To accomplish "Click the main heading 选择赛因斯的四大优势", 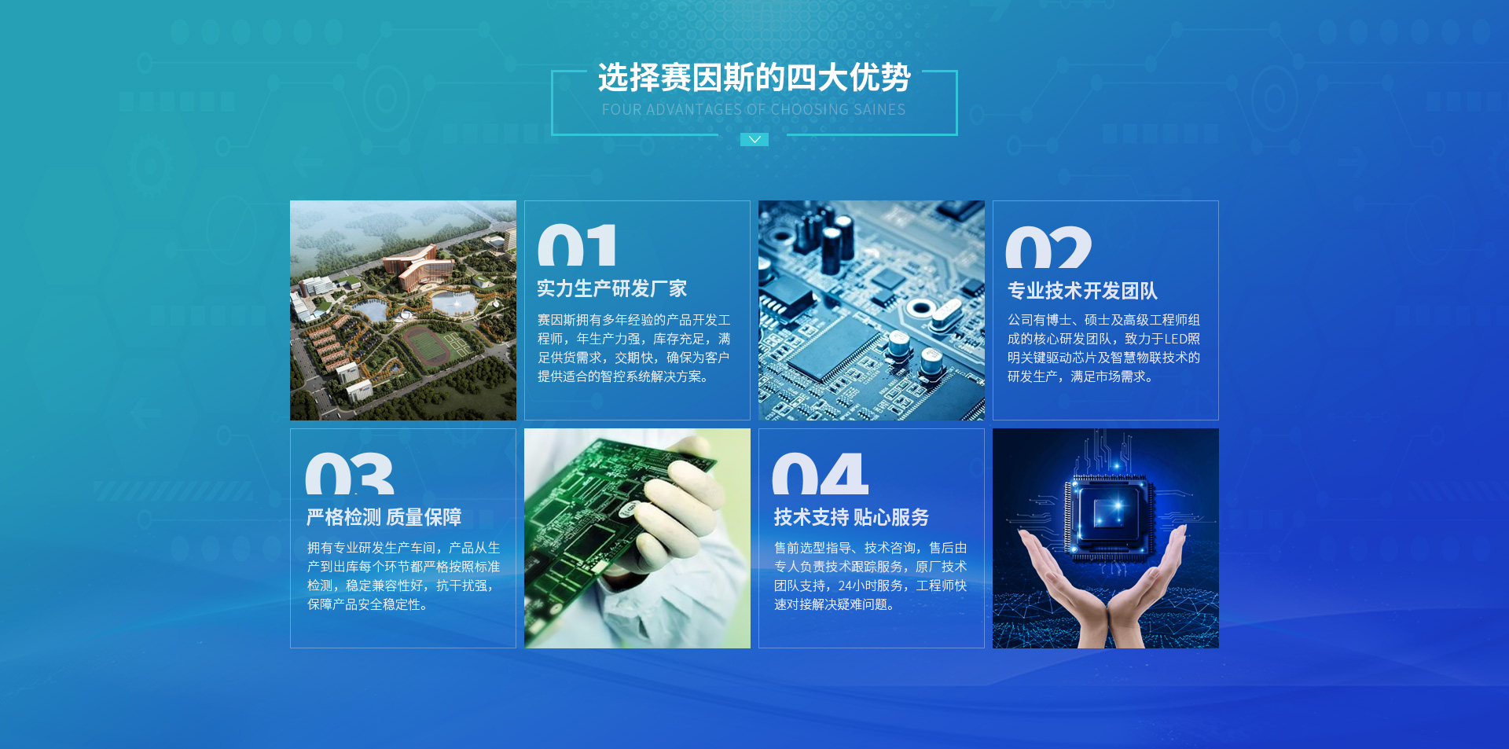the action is [754, 78].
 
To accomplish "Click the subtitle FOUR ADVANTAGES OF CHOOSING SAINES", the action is [754, 110].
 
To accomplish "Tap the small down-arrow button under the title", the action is [754, 139].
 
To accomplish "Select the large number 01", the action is [577, 245].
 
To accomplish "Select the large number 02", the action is [1048, 248].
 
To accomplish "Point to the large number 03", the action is [349, 473].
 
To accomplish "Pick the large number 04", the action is [820, 473].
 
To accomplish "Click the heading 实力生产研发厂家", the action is [611, 288].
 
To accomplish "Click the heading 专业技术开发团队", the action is [1082, 291].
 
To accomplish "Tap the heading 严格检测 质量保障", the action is [384, 517].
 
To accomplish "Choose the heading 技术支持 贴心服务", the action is [851, 517].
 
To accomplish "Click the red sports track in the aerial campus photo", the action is [428, 345].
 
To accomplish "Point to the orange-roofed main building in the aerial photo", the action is [417, 267].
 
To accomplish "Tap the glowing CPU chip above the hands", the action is [1110, 514].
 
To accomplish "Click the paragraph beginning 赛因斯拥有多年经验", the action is [634, 348].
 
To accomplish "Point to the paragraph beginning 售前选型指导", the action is [871, 576].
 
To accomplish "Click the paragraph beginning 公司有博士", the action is [1104, 348].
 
